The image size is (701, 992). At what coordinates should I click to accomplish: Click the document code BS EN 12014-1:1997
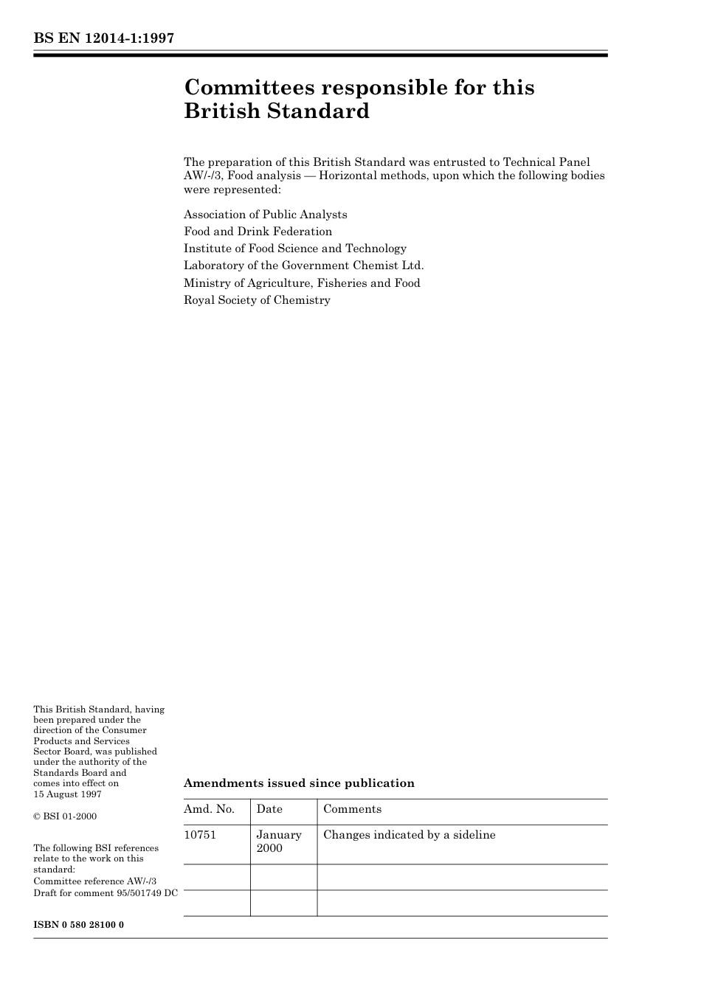pyautogui.click(x=104, y=38)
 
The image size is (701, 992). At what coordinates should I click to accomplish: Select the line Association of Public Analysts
pyautogui.click(x=265, y=215)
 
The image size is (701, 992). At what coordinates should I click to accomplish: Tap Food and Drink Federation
pyautogui.click(x=258, y=232)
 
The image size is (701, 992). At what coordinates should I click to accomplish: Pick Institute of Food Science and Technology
pyautogui.click(x=294, y=249)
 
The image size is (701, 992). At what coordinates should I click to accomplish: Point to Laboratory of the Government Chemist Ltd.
pyautogui.click(x=303, y=266)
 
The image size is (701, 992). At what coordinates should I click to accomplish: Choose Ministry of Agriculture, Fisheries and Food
pyautogui.click(x=302, y=283)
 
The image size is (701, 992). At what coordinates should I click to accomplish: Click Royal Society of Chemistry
pyautogui.click(x=257, y=300)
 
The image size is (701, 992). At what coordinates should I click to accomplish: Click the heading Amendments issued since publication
pyautogui.click(x=299, y=783)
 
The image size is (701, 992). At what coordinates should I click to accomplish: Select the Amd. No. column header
pyautogui.click(x=209, y=809)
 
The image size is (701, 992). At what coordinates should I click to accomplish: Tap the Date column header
pyautogui.click(x=269, y=809)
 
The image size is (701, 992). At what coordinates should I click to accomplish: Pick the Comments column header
pyautogui.click(x=352, y=809)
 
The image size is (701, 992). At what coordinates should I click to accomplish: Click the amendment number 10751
pyautogui.click(x=200, y=835)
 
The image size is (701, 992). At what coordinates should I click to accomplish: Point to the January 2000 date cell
pyautogui.click(x=279, y=842)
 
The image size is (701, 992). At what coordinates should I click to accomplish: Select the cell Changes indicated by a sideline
pyautogui.click(x=410, y=835)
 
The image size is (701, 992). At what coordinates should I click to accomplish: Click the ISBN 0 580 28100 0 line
pyautogui.click(x=78, y=924)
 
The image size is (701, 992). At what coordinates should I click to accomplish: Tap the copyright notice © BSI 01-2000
pyautogui.click(x=65, y=816)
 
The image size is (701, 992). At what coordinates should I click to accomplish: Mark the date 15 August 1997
pyautogui.click(x=67, y=794)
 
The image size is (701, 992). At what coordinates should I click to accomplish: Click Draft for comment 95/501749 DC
pyautogui.click(x=106, y=893)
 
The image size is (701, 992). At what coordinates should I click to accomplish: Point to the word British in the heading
pyautogui.click(x=223, y=111)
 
